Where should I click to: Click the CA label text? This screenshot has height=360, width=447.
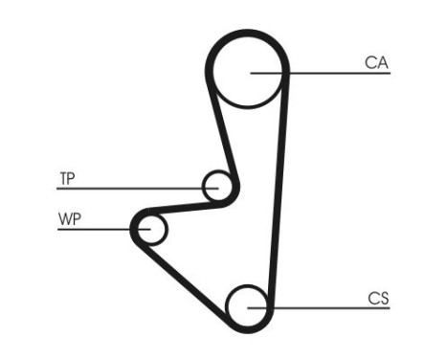click(x=376, y=63)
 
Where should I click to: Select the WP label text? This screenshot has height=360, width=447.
click(x=70, y=219)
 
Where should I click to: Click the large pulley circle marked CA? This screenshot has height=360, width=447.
click(x=249, y=73)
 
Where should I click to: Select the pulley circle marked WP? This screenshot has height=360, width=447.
click(x=151, y=229)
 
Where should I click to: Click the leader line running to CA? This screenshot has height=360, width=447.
click(x=335, y=74)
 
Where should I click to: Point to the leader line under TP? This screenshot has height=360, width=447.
click(x=124, y=188)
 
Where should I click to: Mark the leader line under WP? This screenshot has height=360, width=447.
click(x=96, y=229)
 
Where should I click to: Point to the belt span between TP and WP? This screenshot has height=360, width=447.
click(x=182, y=206)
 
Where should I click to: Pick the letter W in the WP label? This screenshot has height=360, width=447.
click(x=65, y=219)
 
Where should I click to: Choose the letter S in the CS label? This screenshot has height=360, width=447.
click(x=384, y=299)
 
